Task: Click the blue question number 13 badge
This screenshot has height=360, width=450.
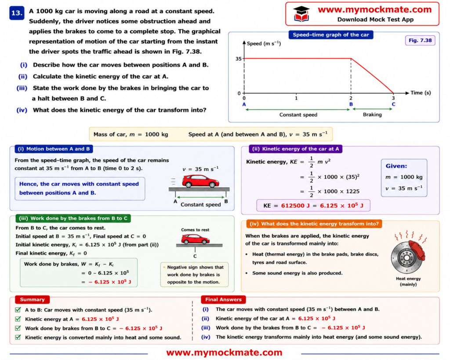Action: coord(17,13)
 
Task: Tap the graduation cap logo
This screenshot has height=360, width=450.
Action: coord(301,14)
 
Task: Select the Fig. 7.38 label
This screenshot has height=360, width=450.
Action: coord(420,40)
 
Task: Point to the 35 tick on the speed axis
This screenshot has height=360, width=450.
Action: coord(239,59)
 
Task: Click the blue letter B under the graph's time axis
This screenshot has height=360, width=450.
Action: coord(351,104)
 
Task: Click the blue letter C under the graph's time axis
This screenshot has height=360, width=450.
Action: coord(393,104)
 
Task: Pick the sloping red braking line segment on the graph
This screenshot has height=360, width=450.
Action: coord(372,76)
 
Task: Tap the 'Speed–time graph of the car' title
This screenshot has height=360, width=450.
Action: coord(331,35)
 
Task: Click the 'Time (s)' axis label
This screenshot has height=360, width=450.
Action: coord(421,93)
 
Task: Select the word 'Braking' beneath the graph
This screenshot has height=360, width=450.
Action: coord(372,115)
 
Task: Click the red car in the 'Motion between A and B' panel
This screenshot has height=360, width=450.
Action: coord(200,181)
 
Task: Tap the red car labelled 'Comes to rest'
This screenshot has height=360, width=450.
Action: coord(195,239)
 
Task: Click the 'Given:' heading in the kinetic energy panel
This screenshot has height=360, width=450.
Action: coord(396,166)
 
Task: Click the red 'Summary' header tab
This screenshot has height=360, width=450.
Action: coord(32,299)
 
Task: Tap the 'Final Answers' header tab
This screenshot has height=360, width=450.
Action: coord(223,299)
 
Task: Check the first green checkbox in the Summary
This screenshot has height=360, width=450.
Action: coord(18,310)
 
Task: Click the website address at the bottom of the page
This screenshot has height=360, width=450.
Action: coord(224,352)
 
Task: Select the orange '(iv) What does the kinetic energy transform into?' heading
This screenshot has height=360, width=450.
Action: coord(314,224)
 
